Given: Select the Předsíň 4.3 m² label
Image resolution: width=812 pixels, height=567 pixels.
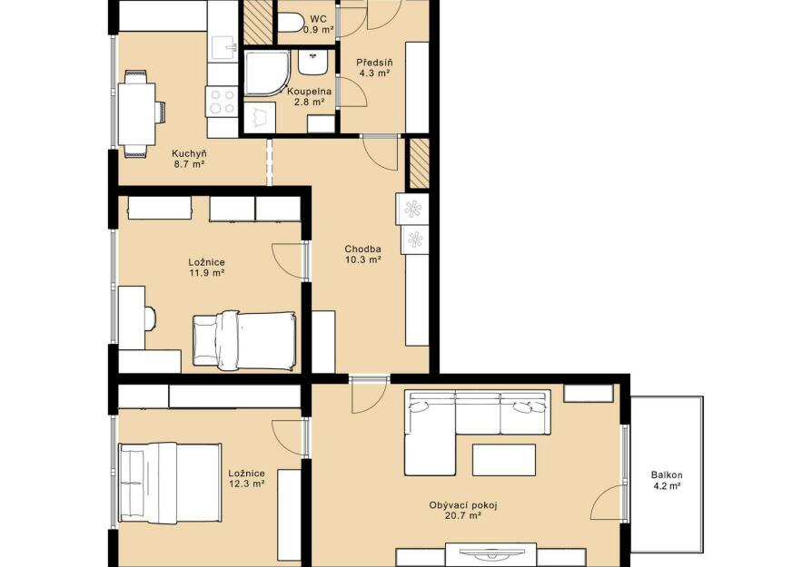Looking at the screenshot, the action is tap(374, 68).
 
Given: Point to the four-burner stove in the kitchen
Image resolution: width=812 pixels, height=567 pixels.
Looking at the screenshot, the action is tap(222, 102).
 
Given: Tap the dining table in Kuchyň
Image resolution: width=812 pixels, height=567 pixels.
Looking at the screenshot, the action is tap(137, 113).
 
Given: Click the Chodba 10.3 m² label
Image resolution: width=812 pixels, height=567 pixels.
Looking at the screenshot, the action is tap(363, 255).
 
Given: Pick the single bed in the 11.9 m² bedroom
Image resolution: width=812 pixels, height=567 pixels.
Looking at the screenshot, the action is tap(244, 340).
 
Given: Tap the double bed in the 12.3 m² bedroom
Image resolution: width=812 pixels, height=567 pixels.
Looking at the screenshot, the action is tap(170, 482).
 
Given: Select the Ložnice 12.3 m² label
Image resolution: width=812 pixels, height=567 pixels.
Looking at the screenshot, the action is tap(247, 478).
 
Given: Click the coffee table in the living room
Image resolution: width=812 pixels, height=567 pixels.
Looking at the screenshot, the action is tap(504, 460).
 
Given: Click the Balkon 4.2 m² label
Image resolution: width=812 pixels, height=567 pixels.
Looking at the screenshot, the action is tap(667, 480).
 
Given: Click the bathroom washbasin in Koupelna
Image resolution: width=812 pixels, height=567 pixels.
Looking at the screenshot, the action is tap(312, 62).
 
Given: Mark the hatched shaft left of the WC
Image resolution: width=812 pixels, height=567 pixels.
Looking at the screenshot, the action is tap(258, 23).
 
